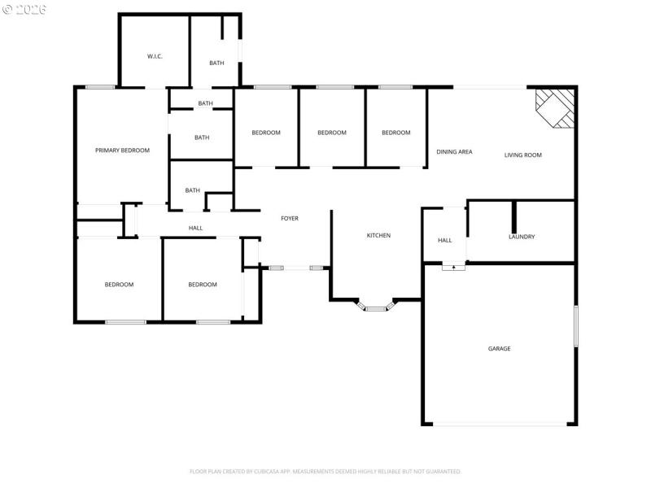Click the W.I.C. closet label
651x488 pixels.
click(x=155, y=56)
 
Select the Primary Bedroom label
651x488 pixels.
click(x=122, y=150)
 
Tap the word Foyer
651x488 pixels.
click(x=289, y=218)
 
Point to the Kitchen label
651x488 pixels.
click(x=378, y=236)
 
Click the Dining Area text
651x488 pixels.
click(x=454, y=152)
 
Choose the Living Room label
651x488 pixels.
click(x=522, y=155)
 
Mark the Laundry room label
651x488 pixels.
click(x=521, y=237)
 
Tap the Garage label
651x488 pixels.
click(x=499, y=349)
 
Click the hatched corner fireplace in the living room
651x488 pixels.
click(x=557, y=106)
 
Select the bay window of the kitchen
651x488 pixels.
click(x=376, y=307)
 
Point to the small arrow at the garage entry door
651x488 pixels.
click(x=453, y=266)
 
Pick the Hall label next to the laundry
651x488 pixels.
click(x=444, y=240)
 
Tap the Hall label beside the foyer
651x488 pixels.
click(x=195, y=228)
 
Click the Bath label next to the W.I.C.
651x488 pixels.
click(x=216, y=63)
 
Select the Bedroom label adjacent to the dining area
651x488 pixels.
click(x=396, y=133)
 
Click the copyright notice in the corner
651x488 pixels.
click(x=24, y=9)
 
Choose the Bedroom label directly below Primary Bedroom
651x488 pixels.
click(x=119, y=285)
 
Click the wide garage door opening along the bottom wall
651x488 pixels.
click(x=500, y=424)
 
